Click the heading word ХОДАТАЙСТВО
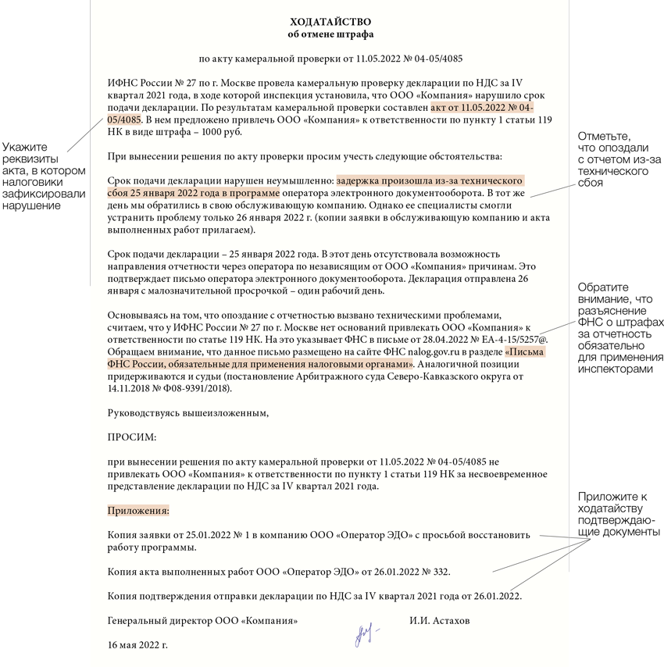coord(330,21)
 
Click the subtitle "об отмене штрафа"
coord(330,34)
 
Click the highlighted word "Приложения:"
coord(138,511)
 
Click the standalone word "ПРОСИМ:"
coord(132,437)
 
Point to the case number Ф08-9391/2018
coord(192,388)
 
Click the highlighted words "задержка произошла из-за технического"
coord(430,180)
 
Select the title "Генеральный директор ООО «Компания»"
coord(202,622)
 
